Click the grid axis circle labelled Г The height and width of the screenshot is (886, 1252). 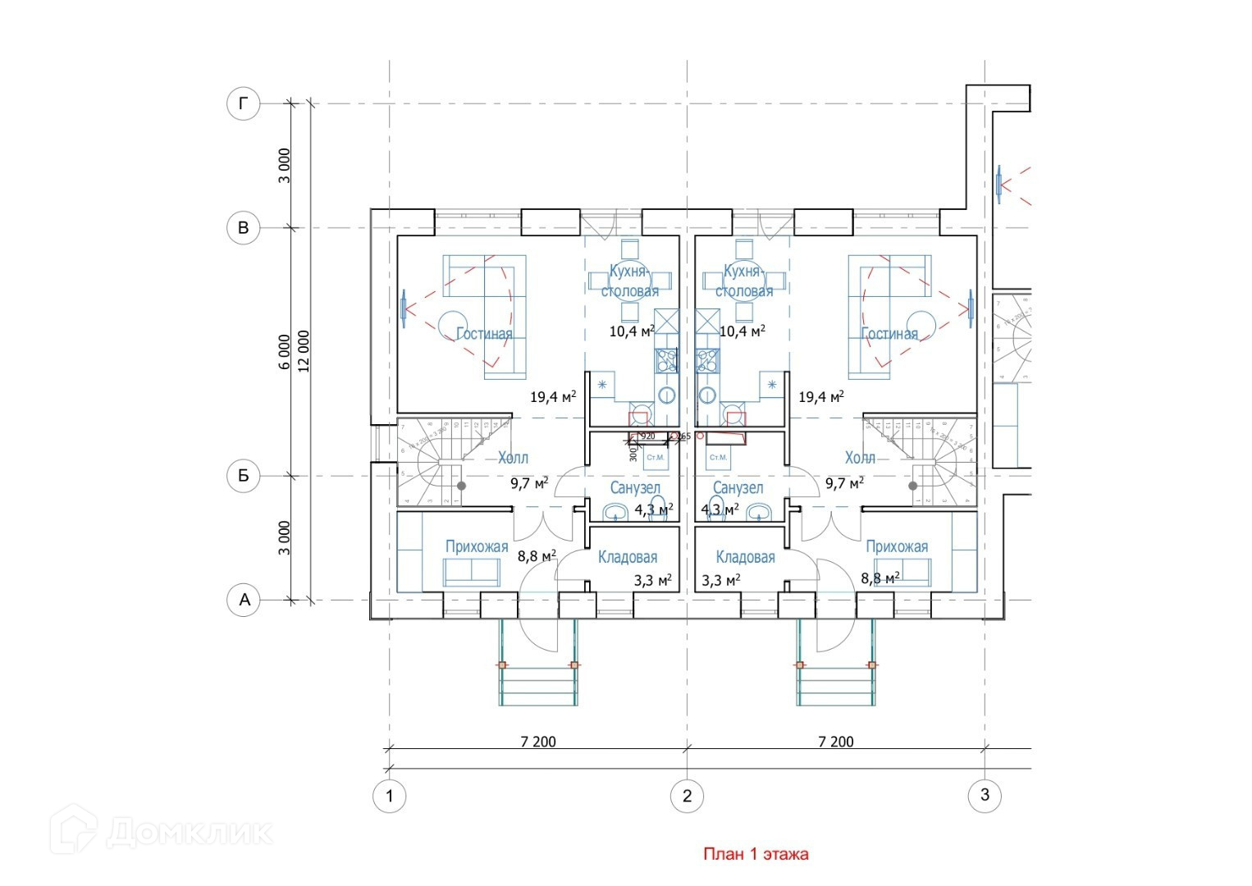click(243, 103)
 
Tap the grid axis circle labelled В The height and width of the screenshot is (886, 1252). click(243, 228)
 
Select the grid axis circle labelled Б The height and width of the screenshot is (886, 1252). click(243, 476)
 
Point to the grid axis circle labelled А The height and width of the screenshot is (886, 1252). click(243, 600)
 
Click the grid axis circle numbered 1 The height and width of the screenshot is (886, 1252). click(390, 795)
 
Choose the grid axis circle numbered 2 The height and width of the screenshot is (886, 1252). click(688, 795)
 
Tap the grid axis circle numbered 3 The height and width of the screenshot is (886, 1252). click(985, 794)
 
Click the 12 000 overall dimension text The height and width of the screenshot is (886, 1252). click(304, 352)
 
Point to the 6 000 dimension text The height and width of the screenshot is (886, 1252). click(284, 352)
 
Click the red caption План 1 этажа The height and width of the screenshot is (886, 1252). click(756, 854)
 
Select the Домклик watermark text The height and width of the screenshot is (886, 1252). click(189, 833)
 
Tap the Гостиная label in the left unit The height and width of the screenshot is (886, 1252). click(484, 334)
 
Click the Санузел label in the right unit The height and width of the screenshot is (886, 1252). click(738, 488)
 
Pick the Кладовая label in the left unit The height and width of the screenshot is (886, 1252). click(628, 558)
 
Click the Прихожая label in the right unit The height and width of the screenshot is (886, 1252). click(897, 546)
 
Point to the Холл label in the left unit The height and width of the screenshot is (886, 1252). click(514, 458)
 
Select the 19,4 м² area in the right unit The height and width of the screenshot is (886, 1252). click(821, 397)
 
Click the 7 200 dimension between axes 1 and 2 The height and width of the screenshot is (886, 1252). click(537, 742)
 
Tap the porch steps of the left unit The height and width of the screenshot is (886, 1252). click(537, 684)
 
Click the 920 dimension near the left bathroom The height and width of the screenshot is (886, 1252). click(647, 436)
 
